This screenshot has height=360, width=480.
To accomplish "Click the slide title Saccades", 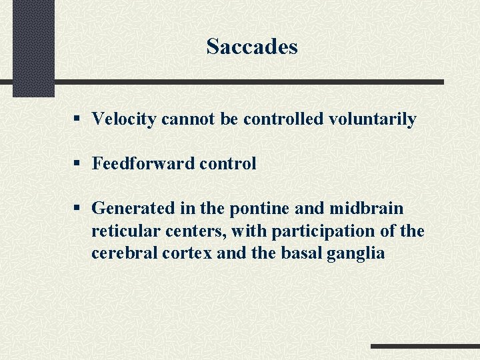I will (x=251, y=47).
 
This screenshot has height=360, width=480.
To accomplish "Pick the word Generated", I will (x=133, y=208).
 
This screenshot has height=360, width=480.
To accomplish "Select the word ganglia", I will (x=357, y=254).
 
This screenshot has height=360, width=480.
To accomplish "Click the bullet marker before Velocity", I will (x=77, y=119).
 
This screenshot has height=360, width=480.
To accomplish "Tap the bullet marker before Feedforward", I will (x=77, y=163).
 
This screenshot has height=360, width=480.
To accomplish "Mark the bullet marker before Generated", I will (x=77, y=208).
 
